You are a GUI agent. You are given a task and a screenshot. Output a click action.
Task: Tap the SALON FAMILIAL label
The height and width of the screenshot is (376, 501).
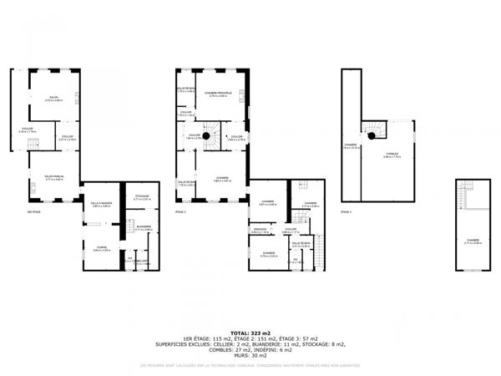click(x=54, y=176)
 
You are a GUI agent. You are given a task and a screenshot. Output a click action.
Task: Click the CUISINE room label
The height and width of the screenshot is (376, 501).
click(x=100, y=248)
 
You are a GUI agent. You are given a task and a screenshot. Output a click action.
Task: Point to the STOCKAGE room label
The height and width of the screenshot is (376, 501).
click(x=142, y=197)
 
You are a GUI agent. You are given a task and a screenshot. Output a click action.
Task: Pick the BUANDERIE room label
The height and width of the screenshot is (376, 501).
click(x=144, y=226)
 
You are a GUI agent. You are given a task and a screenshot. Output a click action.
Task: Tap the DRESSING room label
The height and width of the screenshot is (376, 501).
click(x=260, y=229)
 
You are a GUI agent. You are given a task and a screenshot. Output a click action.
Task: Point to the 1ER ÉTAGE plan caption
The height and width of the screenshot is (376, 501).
click(x=33, y=212)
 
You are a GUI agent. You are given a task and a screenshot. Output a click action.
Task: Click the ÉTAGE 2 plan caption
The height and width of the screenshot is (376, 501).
click(x=181, y=212)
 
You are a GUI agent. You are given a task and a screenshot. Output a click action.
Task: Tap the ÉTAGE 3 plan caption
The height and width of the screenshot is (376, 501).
click(x=346, y=212)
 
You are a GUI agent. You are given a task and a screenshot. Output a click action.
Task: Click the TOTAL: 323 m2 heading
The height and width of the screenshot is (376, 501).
click(x=250, y=333)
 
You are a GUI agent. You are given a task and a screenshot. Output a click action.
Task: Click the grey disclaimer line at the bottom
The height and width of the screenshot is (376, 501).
click(x=250, y=365)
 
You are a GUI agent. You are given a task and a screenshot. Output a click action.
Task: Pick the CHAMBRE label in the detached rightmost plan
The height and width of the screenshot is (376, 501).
click(x=473, y=241)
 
